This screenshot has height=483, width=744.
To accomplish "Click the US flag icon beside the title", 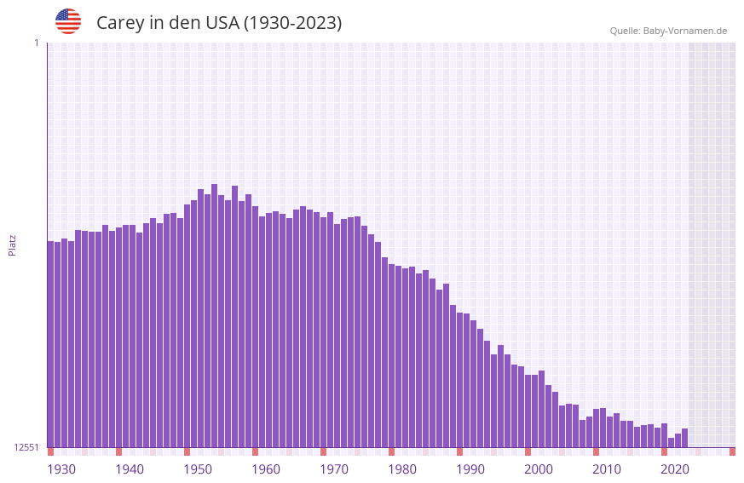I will click(68, 21).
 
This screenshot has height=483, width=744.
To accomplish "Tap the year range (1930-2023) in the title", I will click(292, 23).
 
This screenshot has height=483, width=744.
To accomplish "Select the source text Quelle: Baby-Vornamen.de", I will click(667, 31).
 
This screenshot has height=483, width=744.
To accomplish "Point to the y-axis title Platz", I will click(12, 244).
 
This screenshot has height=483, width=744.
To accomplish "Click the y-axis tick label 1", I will click(36, 43).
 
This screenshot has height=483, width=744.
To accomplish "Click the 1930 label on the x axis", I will click(61, 469).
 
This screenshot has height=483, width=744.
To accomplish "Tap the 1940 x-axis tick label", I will click(130, 469).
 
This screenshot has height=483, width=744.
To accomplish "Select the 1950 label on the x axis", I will click(198, 469).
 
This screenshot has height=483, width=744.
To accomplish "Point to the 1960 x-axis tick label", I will click(266, 469).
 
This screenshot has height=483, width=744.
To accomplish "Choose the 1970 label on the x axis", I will click(334, 469).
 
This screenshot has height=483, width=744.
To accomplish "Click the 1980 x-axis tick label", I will click(402, 469).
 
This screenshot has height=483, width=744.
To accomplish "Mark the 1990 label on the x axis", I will click(470, 469).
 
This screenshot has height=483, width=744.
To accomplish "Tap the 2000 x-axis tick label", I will click(539, 469).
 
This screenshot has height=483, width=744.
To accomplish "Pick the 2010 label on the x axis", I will click(607, 469).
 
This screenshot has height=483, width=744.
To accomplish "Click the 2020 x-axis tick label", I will click(675, 469).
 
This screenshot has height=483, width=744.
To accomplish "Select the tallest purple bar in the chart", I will click(215, 315).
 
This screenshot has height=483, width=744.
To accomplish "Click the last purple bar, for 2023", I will click(684, 438).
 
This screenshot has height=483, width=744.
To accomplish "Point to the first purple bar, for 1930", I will click(51, 344).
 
